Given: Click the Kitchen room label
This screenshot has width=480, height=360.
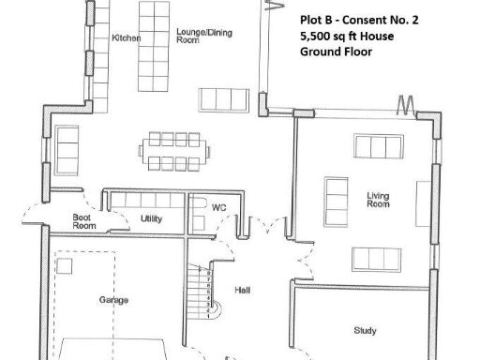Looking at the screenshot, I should click(x=127, y=38).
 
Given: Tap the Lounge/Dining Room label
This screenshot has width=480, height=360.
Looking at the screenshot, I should click(x=204, y=37).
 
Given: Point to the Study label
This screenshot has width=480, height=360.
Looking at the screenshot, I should click(x=365, y=330).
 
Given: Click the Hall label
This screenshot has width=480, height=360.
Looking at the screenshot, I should click(x=242, y=290).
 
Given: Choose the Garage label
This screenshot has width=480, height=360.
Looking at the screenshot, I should click(x=113, y=300).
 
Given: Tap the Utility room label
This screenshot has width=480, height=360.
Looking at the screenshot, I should click(x=152, y=217).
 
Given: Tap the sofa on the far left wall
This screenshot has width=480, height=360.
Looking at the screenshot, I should click(x=68, y=145).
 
